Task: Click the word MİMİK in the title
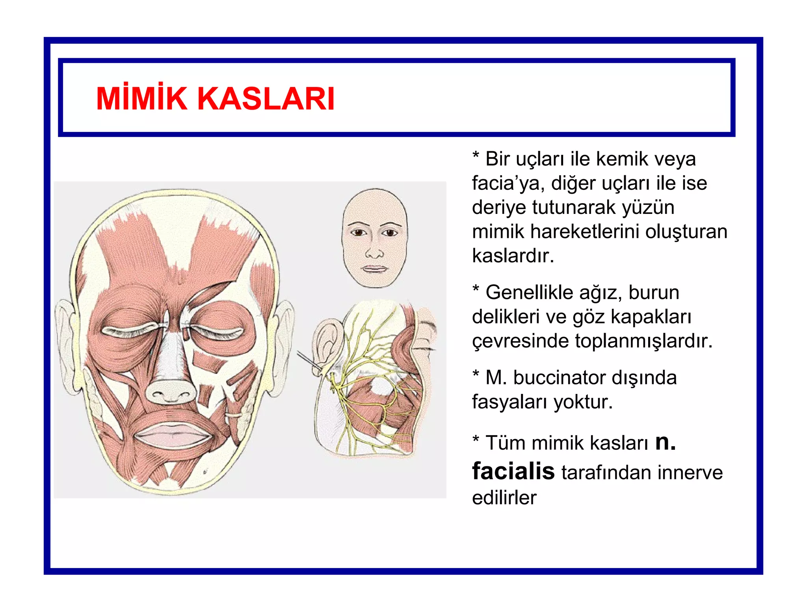tap(141, 98)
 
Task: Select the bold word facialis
tap(513, 471)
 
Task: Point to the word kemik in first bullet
tap(621, 159)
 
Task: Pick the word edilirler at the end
tap(504, 498)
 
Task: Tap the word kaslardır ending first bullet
tap(513, 256)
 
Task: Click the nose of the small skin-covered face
tap(374, 252)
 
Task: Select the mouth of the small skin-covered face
tap(374, 269)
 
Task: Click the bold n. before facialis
tap(665, 442)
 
